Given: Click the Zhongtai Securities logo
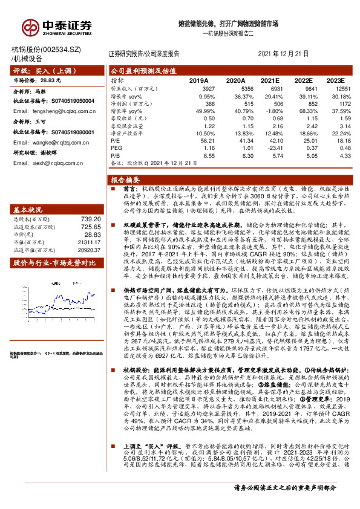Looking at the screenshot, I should click(x=57, y=25).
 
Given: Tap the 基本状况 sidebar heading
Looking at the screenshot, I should click(x=28, y=209).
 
